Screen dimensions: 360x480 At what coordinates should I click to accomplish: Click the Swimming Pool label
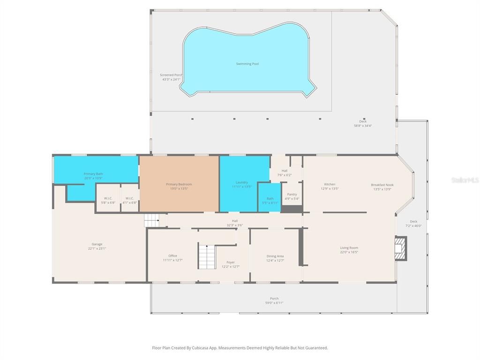[247, 64]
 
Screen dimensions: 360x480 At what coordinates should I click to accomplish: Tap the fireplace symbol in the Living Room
[400, 248]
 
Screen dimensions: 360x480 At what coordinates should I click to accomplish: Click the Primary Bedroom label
[179, 184]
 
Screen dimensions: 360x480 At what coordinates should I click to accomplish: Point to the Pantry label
[292, 194]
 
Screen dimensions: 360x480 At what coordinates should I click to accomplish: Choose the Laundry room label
[242, 182]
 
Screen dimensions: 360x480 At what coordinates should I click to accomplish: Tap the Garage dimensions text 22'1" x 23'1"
[97, 248]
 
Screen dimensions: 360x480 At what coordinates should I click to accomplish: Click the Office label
[172, 256]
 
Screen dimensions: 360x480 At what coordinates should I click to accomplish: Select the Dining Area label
[275, 256]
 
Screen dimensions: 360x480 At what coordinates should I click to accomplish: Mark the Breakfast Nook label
[382, 185]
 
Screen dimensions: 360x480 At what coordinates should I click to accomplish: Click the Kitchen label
[330, 184]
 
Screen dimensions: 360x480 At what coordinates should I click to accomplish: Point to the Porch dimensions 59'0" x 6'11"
[274, 303]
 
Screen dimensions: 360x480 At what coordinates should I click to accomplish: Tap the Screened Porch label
[171, 75]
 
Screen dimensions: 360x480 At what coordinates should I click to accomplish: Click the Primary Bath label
[93, 174]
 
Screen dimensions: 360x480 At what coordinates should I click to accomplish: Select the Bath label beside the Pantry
[270, 198]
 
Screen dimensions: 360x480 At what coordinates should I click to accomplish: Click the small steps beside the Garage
[151, 219]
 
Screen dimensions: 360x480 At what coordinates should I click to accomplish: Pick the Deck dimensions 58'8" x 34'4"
[363, 126]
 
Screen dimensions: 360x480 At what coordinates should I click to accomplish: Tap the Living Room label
[349, 247]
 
